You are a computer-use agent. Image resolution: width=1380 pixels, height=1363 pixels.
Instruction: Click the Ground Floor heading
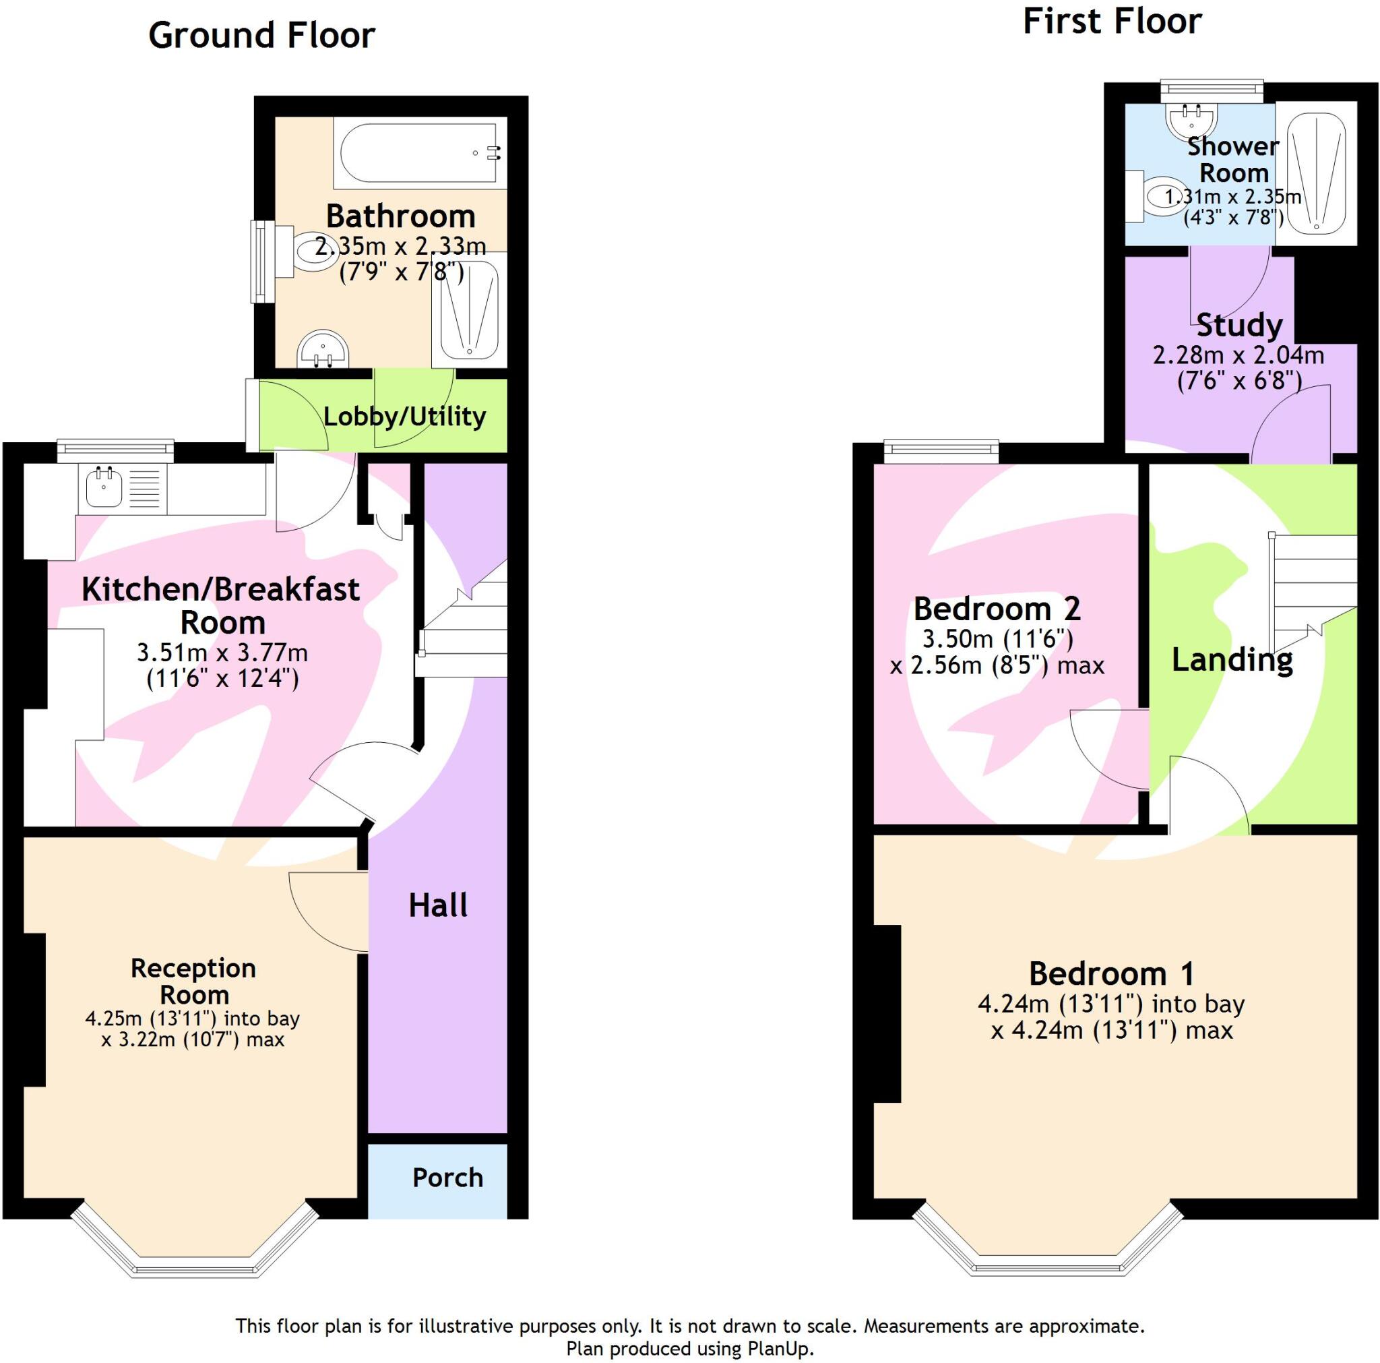(x=261, y=36)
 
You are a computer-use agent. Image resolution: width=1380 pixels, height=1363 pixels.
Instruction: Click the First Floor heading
(x=1111, y=22)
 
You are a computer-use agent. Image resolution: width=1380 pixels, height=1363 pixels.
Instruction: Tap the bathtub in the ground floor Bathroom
(x=420, y=152)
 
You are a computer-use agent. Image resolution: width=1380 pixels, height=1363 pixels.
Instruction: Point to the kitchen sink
(x=104, y=487)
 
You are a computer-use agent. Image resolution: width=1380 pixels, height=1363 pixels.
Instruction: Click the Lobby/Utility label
(x=404, y=416)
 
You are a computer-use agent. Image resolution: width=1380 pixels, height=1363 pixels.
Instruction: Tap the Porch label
(x=447, y=1177)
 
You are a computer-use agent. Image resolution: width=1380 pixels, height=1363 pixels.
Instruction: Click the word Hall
(x=438, y=905)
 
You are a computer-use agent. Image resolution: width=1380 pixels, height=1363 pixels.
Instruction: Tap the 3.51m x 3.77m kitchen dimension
(x=222, y=653)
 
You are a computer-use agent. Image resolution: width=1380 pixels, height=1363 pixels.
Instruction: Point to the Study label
(x=1238, y=325)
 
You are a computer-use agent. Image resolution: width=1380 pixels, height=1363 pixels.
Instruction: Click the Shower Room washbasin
(x=1191, y=119)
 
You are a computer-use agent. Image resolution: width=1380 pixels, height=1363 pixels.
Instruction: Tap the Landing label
(x=1232, y=659)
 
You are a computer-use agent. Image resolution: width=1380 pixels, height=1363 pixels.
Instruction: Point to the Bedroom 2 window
(x=941, y=448)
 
